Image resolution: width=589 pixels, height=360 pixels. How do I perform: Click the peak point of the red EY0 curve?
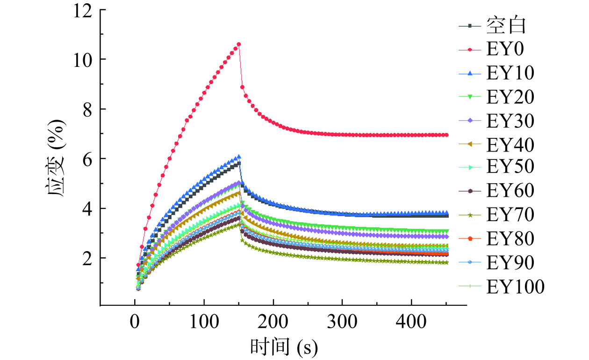click(239, 44)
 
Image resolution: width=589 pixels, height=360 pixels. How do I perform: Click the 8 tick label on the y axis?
click(88, 109)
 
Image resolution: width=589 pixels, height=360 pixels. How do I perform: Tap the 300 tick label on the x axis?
click(342, 324)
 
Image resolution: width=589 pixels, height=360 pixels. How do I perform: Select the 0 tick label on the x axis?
click(135, 324)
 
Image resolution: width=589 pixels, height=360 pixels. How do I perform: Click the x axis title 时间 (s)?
click(284, 346)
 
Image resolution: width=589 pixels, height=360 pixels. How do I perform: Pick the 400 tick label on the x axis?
click(411, 324)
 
